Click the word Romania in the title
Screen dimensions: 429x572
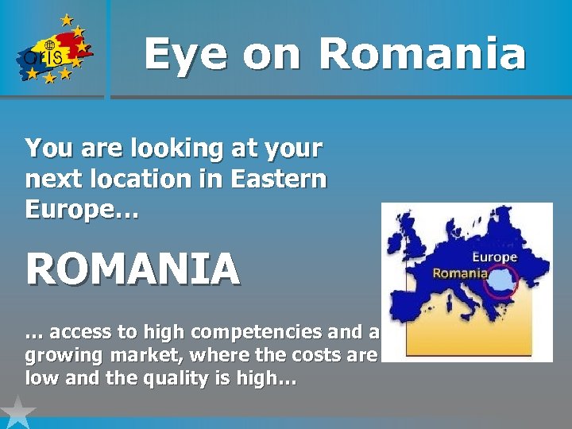click(422, 54)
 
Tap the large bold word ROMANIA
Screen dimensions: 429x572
click(133, 269)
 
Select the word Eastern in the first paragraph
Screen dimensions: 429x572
click(278, 179)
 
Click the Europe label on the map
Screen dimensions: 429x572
click(494, 257)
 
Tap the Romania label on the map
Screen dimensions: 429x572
click(460, 272)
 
